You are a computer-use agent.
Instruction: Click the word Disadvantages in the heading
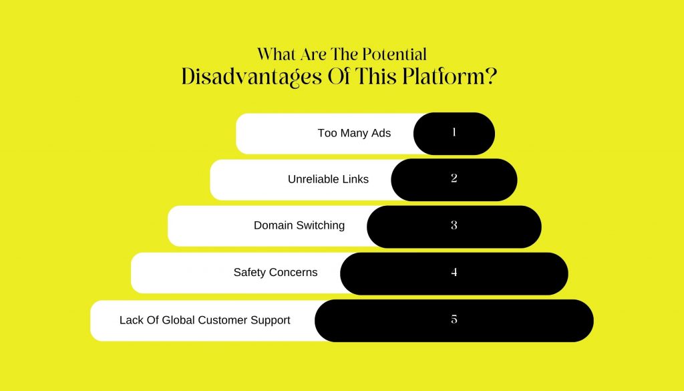click(x=252, y=77)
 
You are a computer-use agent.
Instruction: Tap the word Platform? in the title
click(x=450, y=76)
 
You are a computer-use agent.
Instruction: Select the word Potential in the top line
click(x=395, y=55)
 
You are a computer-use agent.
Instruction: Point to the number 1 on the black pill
click(x=454, y=132)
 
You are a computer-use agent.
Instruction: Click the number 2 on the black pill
click(x=454, y=178)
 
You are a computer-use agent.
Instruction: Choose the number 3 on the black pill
click(x=454, y=225)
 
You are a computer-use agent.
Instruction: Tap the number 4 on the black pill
click(x=454, y=272)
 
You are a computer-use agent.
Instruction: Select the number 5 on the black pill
click(x=454, y=319)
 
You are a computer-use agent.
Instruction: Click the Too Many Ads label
click(x=354, y=133)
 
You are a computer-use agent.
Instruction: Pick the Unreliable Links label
click(x=328, y=179)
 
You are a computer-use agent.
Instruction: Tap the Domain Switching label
click(x=299, y=226)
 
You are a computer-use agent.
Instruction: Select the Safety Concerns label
click(x=275, y=272)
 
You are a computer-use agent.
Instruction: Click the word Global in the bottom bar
click(x=178, y=320)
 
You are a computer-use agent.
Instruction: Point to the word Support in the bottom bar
click(x=270, y=320)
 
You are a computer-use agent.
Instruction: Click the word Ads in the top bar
click(x=381, y=133)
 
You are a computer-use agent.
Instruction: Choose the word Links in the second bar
click(x=355, y=179)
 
